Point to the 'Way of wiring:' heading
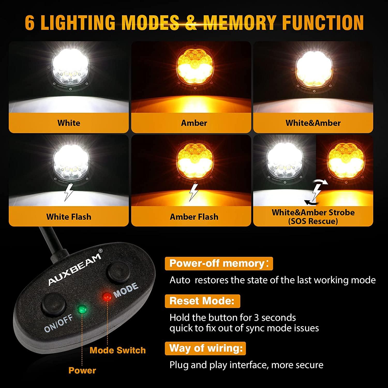pyautogui.click(x=205, y=348)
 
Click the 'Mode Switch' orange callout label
pyautogui.click(x=118, y=350)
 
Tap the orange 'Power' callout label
pyautogui.click(x=82, y=370)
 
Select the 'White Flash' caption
pyautogui.click(x=69, y=217)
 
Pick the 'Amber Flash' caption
pyautogui.click(x=194, y=217)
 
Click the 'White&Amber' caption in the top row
pyautogui.click(x=313, y=123)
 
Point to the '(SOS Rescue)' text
pyautogui.click(x=313, y=221)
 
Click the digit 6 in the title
pyautogui.click(x=30, y=23)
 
